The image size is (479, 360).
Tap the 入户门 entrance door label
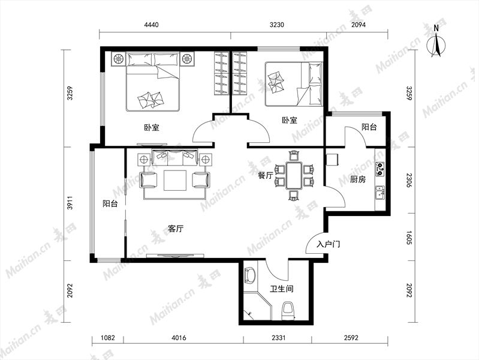click(x=329, y=244)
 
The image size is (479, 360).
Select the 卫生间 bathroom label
click(x=282, y=289)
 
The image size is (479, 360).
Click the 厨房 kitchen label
click(x=358, y=179)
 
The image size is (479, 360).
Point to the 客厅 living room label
click(x=176, y=229)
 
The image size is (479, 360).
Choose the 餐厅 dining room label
click(x=265, y=176)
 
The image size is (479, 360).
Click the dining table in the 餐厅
click(x=294, y=175)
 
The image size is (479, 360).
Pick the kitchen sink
click(x=380, y=193)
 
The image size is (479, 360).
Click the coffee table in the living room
click(x=175, y=181)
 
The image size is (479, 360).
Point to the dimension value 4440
click(x=151, y=25)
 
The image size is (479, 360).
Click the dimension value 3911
click(x=70, y=202)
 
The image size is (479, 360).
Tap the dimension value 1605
click(x=409, y=237)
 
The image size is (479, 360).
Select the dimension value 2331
click(x=279, y=338)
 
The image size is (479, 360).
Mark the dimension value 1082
click(x=108, y=338)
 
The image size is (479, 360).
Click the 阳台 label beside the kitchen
click(x=369, y=127)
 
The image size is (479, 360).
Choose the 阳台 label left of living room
click(x=110, y=203)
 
